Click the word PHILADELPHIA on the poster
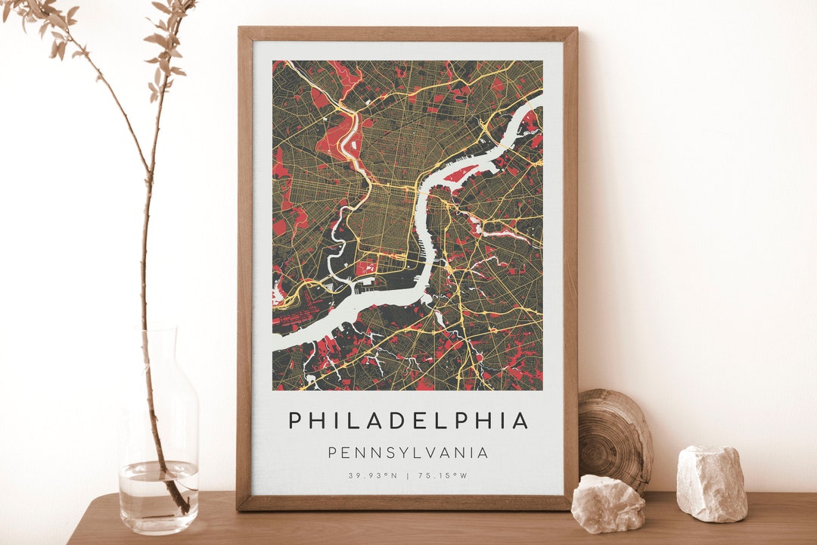pyautogui.click(x=408, y=421)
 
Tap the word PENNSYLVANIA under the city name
pyautogui.click(x=408, y=453)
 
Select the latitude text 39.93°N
pyautogui.click(x=373, y=476)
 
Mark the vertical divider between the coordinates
pyautogui.click(x=408, y=476)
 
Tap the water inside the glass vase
pyautogui.click(x=158, y=496)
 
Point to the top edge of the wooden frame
pyautogui.click(x=408, y=33)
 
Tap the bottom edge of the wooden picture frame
pyautogui.click(x=408, y=503)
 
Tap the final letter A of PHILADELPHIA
pyautogui.click(x=520, y=421)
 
